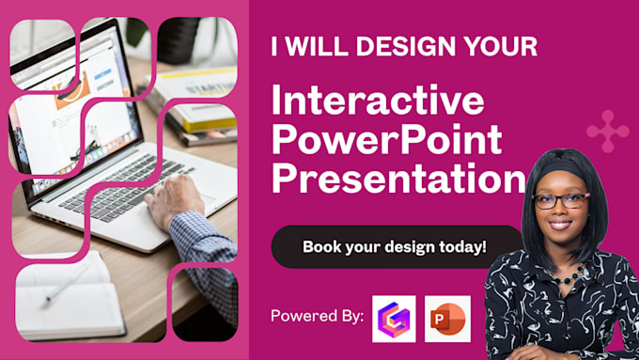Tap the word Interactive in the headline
378,101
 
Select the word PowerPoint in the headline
387,139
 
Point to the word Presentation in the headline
398,178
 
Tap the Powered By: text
318,316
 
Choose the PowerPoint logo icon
447,319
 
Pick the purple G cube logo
394,319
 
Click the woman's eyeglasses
561,200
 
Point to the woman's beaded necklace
569,276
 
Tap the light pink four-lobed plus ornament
608,132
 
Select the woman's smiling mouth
561,225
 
